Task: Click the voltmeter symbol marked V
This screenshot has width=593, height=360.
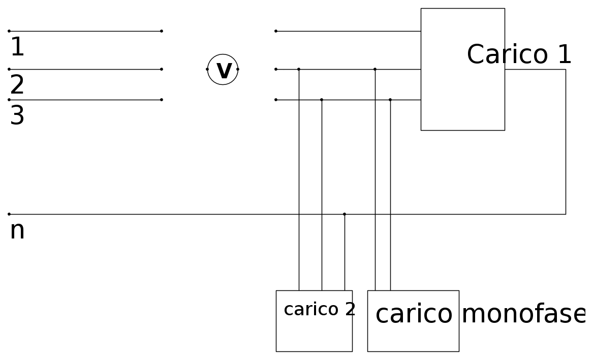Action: [x=223, y=70]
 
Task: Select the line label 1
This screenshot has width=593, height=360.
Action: [x=17, y=47]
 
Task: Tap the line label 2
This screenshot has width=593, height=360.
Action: [x=17, y=85]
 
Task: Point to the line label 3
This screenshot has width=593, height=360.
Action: [x=17, y=116]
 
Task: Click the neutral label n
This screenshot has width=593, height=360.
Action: [x=17, y=230]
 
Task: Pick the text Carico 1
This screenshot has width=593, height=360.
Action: [x=519, y=54]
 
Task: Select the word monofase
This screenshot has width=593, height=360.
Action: [x=523, y=314]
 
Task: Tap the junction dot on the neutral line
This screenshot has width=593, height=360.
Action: [x=345, y=214]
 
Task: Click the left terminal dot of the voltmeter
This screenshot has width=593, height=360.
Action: [x=207, y=69]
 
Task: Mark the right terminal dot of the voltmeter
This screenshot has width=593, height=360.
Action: [x=238, y=69]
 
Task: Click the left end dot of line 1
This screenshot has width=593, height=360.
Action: [x=9, y=31]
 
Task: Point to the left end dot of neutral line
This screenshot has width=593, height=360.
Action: [x=9, y=214]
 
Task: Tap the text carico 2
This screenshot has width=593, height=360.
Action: [x=320, y=309]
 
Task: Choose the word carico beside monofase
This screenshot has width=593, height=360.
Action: [x=414, y=314]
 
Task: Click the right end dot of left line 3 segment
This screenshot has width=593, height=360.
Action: [x=162, y=100]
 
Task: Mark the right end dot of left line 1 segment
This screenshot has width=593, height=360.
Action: [x=162, y=31]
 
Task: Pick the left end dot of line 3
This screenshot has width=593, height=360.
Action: [x=9, y=100]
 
